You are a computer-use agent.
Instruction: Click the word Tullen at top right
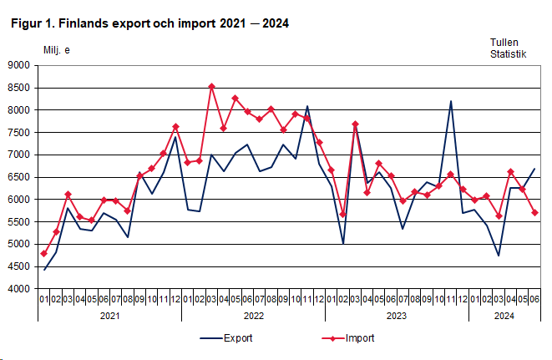(504, 41)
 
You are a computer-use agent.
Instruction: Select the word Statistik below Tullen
(509, 53)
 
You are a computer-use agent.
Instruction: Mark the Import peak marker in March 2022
(211, 86)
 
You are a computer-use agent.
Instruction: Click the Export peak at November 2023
(451, 102)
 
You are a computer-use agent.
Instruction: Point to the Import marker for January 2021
(43, 253)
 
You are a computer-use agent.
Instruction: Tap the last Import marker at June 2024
(534, 212)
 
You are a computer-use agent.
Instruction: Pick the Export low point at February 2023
(343, 244)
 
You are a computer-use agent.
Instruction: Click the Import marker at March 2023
(355, 124)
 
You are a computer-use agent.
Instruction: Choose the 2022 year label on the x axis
(253, 316)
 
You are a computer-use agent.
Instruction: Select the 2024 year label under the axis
(504, 316)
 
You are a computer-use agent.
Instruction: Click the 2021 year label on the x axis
(109, 316)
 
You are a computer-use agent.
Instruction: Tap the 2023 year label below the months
(397, 316)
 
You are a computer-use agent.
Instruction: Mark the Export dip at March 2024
(499, 256)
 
